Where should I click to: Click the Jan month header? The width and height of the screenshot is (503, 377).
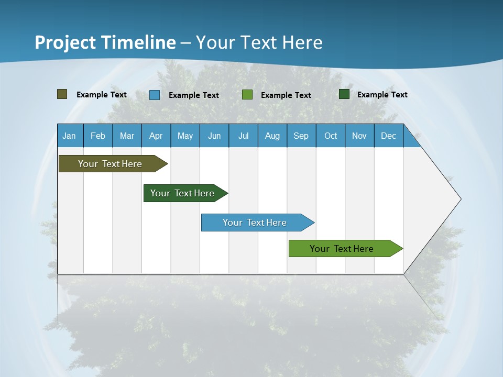click(x=70, y=136)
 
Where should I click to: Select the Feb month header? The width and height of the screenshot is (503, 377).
click(x=98, y=136)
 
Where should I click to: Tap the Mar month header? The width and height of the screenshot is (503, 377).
click(x=127, y=136)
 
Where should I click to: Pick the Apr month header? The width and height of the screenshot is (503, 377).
click(x=156, y=136)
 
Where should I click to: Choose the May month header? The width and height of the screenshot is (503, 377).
click(x=185, y=136)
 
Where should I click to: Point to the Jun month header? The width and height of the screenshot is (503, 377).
click(x=214, y=136)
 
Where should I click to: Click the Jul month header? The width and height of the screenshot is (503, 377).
click(x=243, y=136)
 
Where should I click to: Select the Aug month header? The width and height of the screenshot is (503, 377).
click(x=272, y=136)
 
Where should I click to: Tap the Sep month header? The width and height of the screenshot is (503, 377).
click(x=301, y=136)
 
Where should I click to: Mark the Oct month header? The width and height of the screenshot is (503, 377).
click(x=331, y=136)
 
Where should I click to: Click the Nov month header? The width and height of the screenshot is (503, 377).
click(x=359, y=136)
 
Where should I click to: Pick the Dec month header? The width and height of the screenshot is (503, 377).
click(x=389, y=136)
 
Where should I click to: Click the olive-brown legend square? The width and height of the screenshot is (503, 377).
click(x=62, y=94)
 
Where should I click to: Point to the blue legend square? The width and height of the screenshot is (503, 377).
click(x=155, y=95)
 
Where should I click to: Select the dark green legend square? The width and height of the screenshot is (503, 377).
click(x=344, y=94)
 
